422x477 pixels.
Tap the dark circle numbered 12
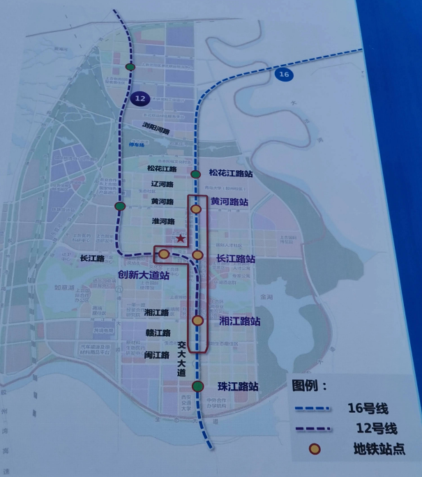tap(140, 99)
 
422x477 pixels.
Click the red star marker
tap(181, 238)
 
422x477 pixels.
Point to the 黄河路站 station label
tap(229, 202)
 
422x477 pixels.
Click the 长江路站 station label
tap(236, 259)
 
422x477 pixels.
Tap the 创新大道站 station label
tap(144, 275)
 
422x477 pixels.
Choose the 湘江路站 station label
tap(239, 321)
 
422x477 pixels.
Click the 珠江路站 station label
tap(238, 386)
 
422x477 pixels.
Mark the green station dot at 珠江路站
tap(198, 386)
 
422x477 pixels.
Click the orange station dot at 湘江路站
tap(197, 321)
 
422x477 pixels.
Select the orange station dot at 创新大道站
tap(163, 254)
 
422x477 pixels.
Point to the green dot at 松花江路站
tap(195, 174)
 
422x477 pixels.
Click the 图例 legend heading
tap(310, 385)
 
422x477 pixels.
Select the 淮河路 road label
tap(163, 221)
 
